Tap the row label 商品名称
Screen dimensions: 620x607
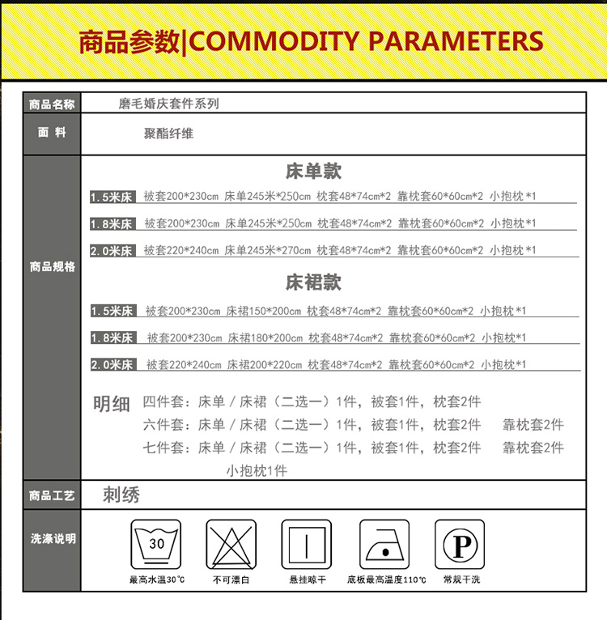point(52,104)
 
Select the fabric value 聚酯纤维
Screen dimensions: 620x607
point(168,134)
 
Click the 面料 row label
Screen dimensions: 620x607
point(52,133)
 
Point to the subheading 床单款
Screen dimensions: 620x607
point(313,171)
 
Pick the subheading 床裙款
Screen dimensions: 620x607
point(313,282)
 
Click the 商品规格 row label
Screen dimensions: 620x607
point(52,266)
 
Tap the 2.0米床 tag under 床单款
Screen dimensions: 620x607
point(112,251)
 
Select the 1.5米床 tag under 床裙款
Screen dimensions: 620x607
point(112,311)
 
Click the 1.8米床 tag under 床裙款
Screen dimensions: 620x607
point(112,338)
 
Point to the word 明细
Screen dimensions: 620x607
point(112,404)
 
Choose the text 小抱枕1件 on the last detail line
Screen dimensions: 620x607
point(256,470)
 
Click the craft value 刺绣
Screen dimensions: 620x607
point(121,495)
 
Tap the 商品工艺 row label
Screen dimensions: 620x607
point(52,495)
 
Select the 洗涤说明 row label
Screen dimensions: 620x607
point(52,538)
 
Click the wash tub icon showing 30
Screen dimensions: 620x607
point(157,545)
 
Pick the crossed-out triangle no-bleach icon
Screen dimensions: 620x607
point(231,545)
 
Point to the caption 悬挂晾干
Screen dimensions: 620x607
point(308,580)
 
